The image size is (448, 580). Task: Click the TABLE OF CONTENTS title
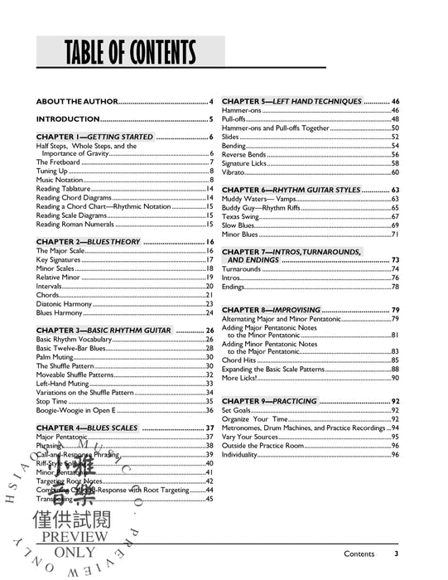click(x=128, y=52)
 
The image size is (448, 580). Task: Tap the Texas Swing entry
click(x=242, y=216)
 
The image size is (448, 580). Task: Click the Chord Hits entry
click(x=240, y=360)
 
